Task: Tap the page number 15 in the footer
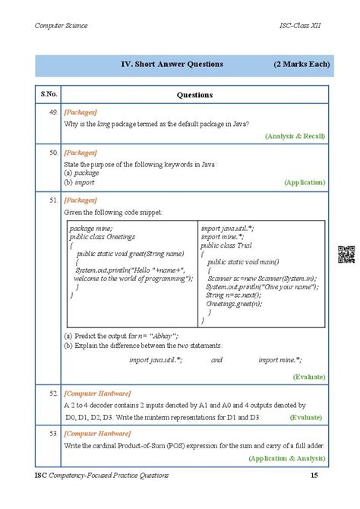click(x=314, y=475)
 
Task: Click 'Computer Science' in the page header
click(x=62, y=26)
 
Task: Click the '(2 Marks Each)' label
click(x=302, y=65)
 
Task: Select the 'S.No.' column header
click(x=49, y=95)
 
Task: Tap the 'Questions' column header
click(x=194, y=95)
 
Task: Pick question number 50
click(x=53, y=153)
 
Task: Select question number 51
click(x=53, y=200)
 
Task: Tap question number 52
click(x=53, y=393)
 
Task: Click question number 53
click(x=53, y=434)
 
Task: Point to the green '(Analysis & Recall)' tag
click(x=295, y=136)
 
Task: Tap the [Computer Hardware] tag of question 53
click(x=97, y=434)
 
